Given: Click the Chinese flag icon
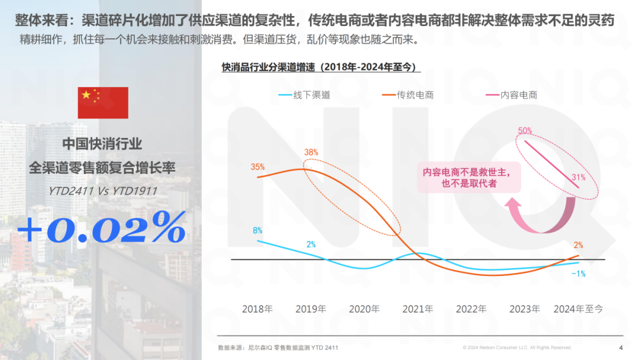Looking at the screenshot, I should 103,102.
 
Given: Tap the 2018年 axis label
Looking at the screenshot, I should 257,309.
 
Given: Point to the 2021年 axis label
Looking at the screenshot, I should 418,309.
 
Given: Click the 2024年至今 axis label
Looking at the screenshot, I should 578,309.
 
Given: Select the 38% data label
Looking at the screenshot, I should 311,152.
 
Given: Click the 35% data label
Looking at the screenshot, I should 257,167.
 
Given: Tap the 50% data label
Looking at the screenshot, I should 525,130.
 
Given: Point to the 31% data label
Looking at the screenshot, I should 579,177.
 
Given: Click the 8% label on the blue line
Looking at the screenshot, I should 257,230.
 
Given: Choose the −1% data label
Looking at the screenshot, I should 578,274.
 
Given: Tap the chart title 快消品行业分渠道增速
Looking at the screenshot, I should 320,67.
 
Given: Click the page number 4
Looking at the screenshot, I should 621,348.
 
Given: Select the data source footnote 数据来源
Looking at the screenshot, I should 277,348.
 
